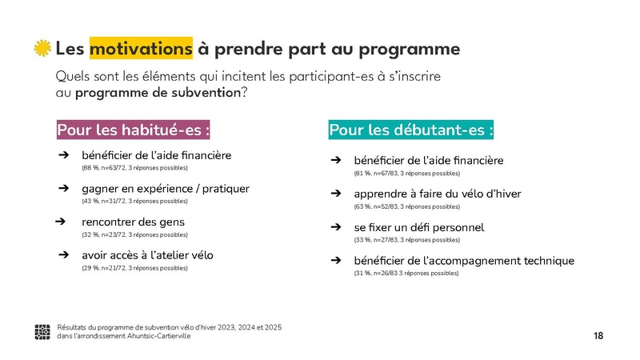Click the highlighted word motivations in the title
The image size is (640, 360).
coord(141,49)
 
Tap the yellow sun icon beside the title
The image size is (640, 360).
coord(42,49)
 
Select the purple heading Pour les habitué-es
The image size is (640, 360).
coord(134,130)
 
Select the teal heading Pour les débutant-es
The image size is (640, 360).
coord(411,130)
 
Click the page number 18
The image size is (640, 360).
coord(598,336)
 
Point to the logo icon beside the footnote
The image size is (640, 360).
coord(43,331)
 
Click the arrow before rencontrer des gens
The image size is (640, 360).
coord(60,222)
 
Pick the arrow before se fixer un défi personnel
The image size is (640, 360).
coord(338,227)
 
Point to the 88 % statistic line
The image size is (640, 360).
coord(134,168)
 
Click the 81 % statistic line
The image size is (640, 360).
coord(406,174)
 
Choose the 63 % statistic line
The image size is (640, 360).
coord(406,206)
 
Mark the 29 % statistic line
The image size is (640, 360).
coord(134,268)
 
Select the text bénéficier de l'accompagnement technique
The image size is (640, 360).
coord(464,261)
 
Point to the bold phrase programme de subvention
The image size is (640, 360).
coord(158,92)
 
